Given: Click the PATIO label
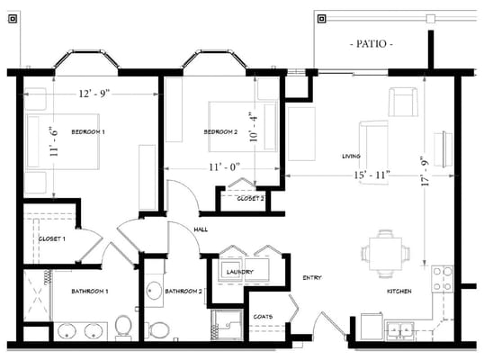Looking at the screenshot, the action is click(x=372, y=43).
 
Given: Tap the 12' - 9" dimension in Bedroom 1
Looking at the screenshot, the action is click(x=94, y=93).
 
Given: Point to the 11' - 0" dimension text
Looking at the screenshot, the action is click(x=224, y=167).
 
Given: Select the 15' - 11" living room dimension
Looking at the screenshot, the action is click(x=372, y=175).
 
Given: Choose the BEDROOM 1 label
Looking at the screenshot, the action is click(x=88, y=131).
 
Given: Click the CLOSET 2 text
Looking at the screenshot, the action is click(x=250, y=199).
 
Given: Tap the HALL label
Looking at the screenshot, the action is click(x=201, y=229).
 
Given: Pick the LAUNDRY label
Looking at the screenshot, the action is click(x=240, y=272).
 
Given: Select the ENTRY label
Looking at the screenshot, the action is click(x=312, y=277).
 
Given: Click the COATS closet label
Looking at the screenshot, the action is click(x=263, y=317).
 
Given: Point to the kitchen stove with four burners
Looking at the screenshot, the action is click(x=442, y=279).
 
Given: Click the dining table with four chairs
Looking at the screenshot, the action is click(x=385, y=254).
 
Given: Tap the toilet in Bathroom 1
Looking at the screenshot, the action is click(x=123, y=327).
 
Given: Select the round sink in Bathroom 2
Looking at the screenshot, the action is click(x=154, y=290).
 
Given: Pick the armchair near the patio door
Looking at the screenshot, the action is click(x=403, y=102).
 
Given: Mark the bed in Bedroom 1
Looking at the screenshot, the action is click(x=63, y=141).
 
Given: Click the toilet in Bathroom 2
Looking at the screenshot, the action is click(x=157, y=329).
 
